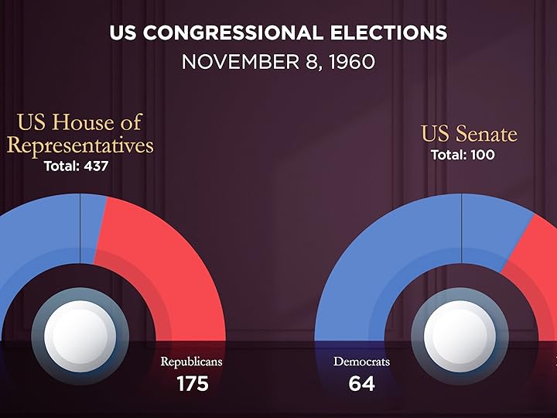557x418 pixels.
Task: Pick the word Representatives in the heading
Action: (80, 145)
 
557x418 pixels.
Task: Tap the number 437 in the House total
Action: (92, 166)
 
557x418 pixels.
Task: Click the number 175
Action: (192, 383)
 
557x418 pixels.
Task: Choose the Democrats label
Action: (361, 361)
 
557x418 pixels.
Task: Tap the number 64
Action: (361, 383)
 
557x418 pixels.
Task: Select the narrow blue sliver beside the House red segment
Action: (92, 221)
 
